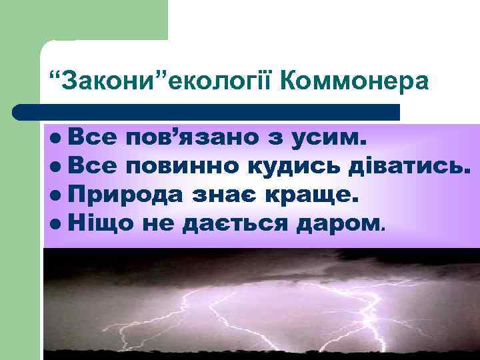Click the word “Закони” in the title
[x=111, y=81]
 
